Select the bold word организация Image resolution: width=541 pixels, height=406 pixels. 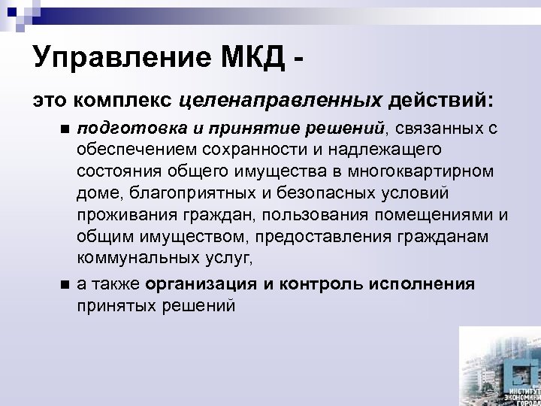click(201, 284)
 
